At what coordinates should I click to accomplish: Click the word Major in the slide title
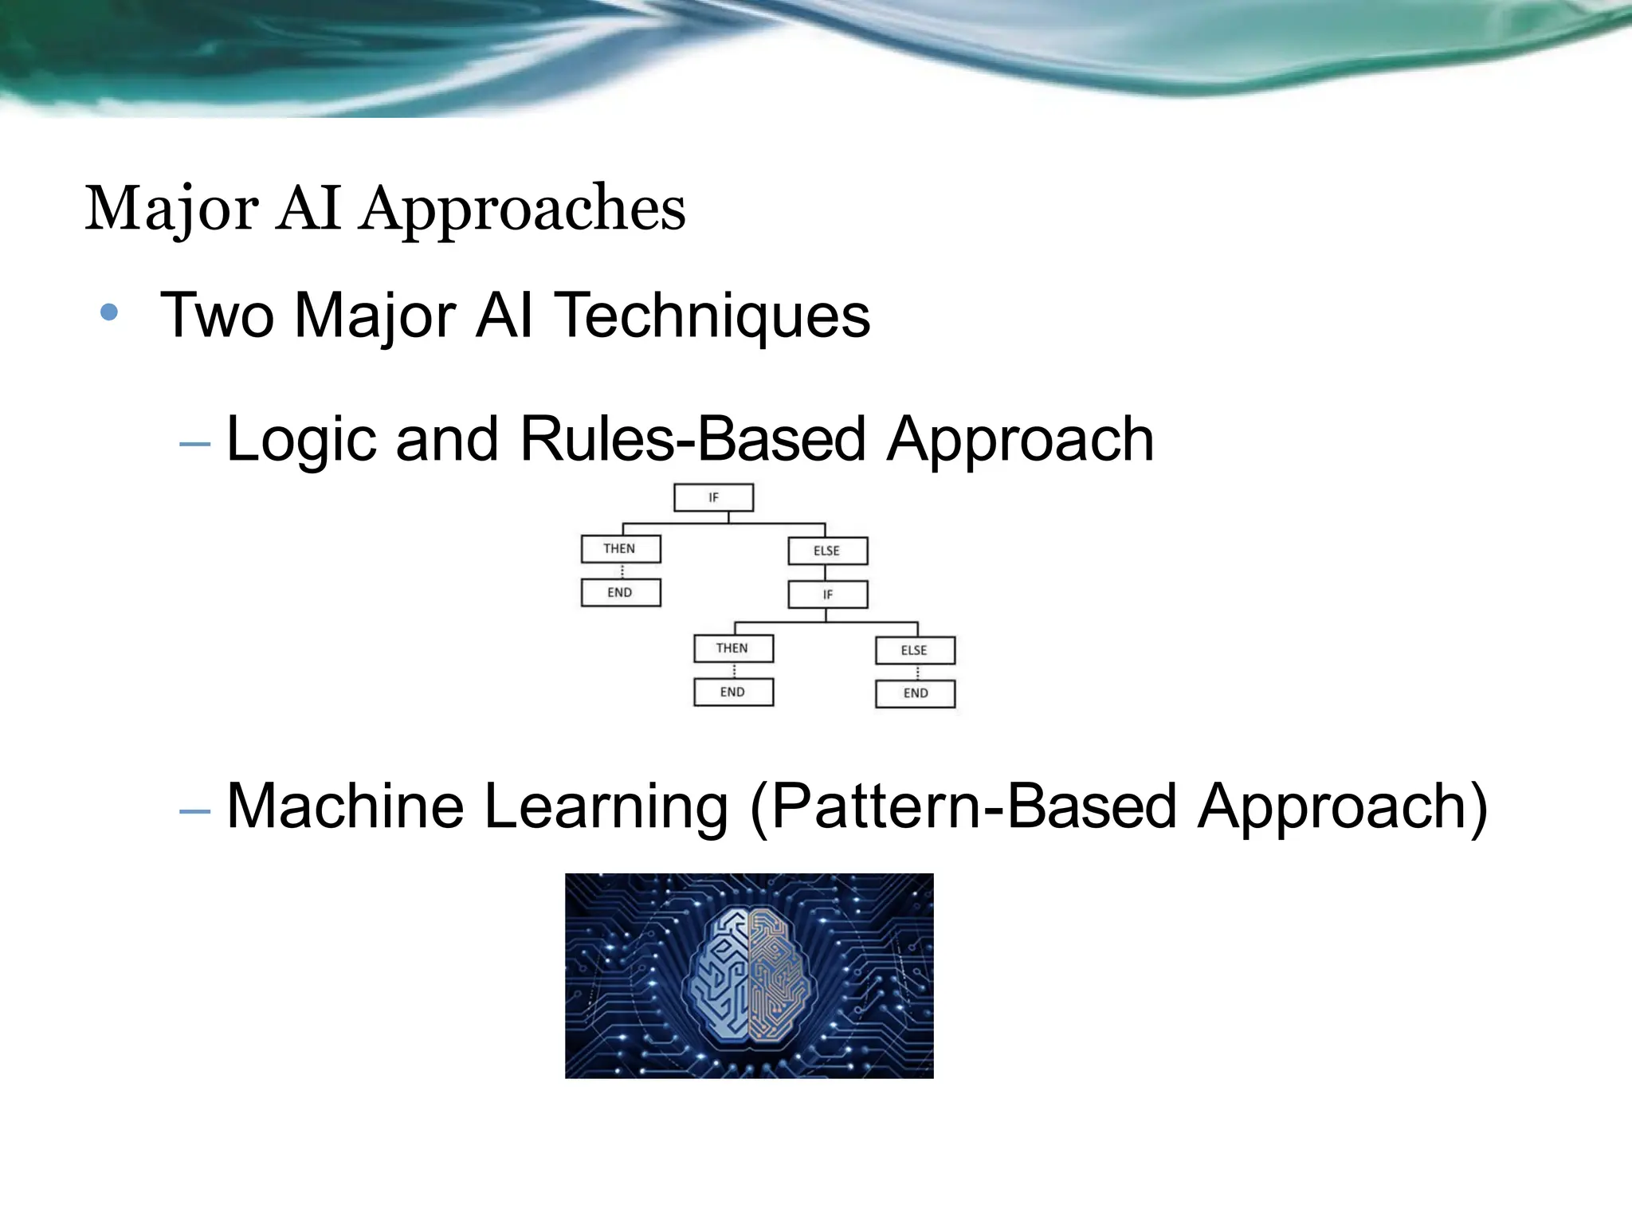(172, 209)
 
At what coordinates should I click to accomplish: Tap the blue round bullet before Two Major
(109, 312)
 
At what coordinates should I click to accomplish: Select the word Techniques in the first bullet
(712, 316)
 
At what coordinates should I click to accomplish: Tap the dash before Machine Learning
(195, 811)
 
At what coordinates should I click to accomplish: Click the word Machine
(344, 806)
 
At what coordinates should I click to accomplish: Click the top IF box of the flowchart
(713, 497)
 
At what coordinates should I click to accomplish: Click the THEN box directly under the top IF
(620, 549)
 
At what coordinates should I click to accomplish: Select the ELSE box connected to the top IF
(827, 551)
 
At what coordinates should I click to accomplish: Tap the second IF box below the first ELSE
(827, 594)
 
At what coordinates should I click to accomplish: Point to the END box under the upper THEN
(620, 593)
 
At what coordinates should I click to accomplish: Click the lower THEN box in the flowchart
(732, 649)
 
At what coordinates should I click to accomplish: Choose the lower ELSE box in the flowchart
(915, 650)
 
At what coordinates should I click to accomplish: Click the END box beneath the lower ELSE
(915, 693)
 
